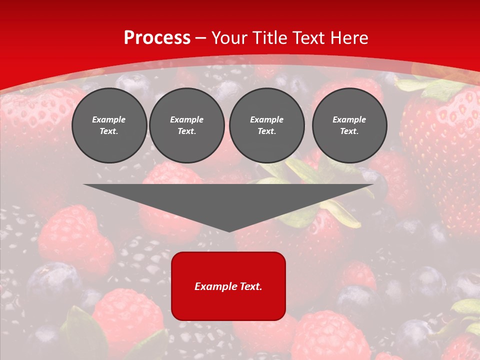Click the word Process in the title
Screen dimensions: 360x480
pos(157,38)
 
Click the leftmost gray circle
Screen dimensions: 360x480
pos(109,125)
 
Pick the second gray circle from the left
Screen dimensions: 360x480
pos(186,125)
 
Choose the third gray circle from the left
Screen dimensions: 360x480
pos(266,125)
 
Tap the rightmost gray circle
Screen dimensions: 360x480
pos(349,125)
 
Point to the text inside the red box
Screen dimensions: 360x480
pos(228,286)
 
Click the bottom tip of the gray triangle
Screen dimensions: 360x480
pos(229,231)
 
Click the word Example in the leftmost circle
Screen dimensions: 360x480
pos(109,119)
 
